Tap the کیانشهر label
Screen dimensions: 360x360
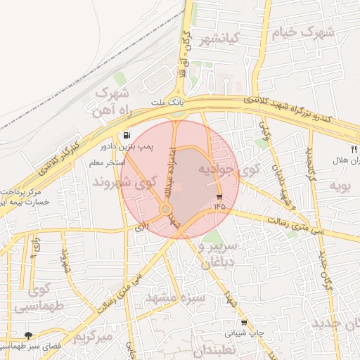point(221,38)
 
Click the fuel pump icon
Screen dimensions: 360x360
point(126,135)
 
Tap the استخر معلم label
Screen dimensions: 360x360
point(105,163)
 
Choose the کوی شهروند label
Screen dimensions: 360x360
point(124,182)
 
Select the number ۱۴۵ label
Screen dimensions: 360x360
point(219,207)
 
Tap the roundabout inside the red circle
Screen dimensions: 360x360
point(166,209)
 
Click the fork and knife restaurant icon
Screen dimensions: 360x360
point(354,149)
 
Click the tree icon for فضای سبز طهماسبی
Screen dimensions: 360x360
point(28,335)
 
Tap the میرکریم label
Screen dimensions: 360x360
point(93,336)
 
